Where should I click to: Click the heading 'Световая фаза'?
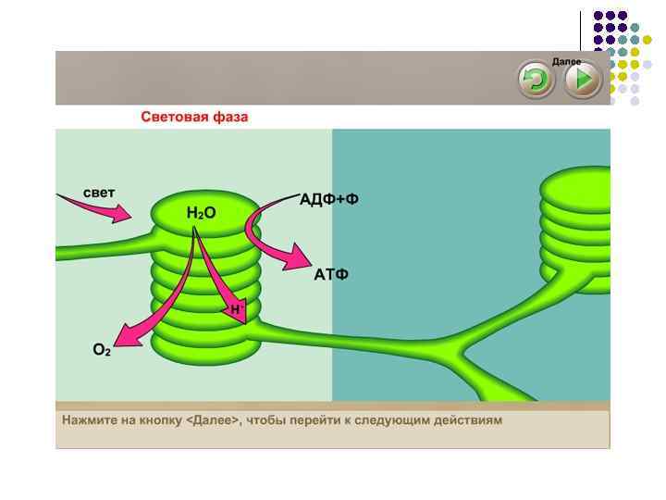[194, 118]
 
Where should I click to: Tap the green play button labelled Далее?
[583, 81]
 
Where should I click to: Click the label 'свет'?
[99, 193]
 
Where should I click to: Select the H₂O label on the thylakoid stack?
[201, 213]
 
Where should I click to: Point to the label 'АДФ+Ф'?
[328, 200]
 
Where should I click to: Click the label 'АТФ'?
[331, 275]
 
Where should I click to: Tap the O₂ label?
[102, 350]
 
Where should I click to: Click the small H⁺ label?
[237, 308]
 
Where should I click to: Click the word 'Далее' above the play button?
[566, 61]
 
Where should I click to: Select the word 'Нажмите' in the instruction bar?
[86, 419]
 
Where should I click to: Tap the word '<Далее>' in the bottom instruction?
[214, 419]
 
